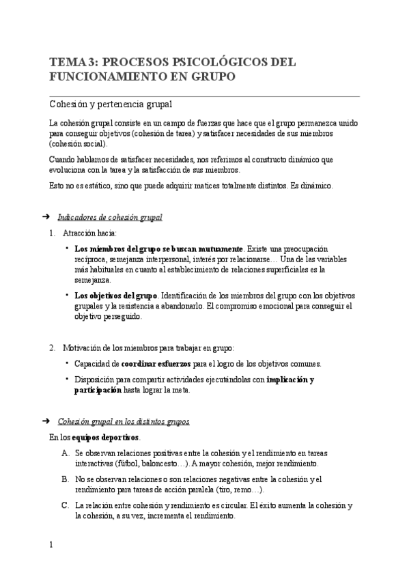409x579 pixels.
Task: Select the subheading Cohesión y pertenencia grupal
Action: coord(110,104)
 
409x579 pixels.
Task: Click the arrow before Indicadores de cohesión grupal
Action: coord(45,217)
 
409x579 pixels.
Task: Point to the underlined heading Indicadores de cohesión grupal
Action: coord(110,218)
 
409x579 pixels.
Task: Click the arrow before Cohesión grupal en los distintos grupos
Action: coord(45,421)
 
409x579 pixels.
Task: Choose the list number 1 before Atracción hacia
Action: coord(52,234)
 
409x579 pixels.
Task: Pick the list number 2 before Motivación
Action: coord(52,348)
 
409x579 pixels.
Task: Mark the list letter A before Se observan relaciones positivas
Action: coord(65,453)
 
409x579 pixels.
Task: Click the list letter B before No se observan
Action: coord(65,479)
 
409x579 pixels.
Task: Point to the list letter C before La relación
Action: coord(65,506)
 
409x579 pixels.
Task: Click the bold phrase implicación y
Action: coord(291,380)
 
